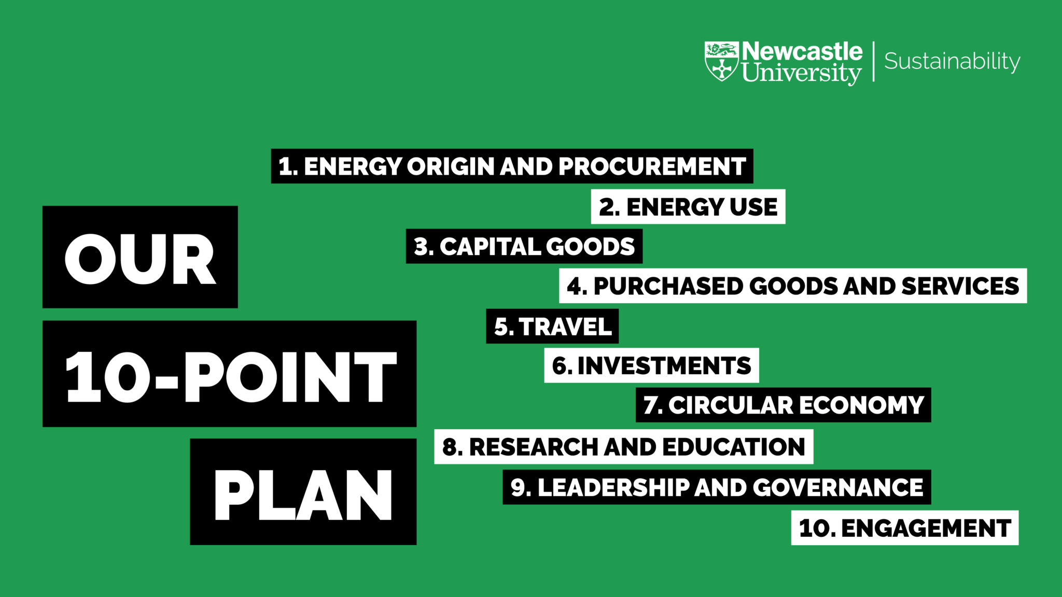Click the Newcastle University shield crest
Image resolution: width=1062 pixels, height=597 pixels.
721,61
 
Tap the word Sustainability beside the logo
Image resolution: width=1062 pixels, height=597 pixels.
952,61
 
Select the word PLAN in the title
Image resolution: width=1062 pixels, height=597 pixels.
303,495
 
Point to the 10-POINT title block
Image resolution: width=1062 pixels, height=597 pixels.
230,375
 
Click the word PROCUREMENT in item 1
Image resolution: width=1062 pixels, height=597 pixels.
652,166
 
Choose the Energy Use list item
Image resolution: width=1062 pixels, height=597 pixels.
688,207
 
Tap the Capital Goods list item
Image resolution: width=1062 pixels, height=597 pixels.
524,247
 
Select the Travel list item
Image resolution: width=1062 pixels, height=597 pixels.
552,326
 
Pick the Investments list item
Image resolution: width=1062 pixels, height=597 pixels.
651,366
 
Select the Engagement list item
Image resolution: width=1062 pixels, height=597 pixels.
905,528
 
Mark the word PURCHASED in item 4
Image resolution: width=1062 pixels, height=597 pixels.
668,286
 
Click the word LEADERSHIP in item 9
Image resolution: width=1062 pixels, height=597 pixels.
613,488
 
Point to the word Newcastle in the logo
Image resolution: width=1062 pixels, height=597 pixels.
802,51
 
